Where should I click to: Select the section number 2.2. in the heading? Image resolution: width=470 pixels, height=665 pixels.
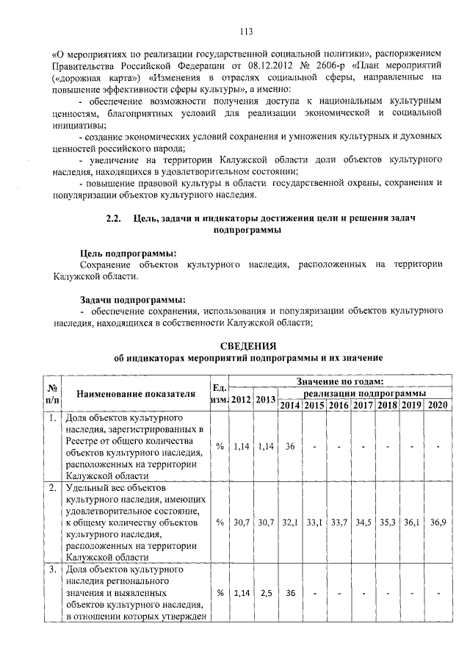pos(114,218)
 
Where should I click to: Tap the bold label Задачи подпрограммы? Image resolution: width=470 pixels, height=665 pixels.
pos(132,299)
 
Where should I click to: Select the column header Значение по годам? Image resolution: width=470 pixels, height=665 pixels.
pos(339,381)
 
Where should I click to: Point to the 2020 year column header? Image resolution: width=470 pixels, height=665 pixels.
pos(437,406)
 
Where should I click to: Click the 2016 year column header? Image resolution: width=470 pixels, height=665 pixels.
pos(339,406)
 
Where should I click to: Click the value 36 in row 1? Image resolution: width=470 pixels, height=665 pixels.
pos(290,446)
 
